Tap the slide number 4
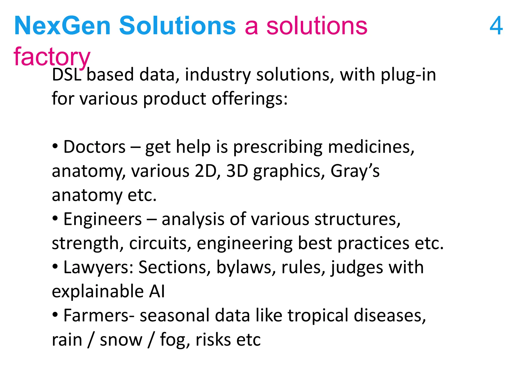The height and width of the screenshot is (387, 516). click(x=496, y=26)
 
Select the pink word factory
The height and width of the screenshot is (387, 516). click(x=52, y=57)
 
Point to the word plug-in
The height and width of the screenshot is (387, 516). click(x=408, y=75)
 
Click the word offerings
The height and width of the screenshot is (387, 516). click(x=249, y=99)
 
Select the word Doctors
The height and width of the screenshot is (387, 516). click(x=94, y=147)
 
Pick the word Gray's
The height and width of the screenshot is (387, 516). click(x=355, y=171)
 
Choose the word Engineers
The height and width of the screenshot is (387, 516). click(x=103, y=219)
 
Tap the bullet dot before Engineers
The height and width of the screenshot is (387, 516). click(x=55, y=218)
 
